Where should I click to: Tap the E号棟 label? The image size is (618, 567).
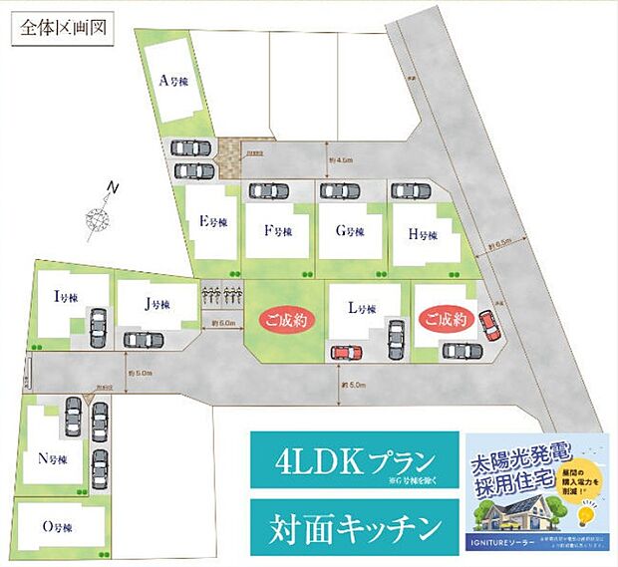point(209,223)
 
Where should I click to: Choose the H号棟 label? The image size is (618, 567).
point(423,235)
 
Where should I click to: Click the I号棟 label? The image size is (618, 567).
point(66,296)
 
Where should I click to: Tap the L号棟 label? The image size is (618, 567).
point(361,309)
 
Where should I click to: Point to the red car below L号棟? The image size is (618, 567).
point(344,352)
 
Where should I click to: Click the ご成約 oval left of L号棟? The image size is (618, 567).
point(287,321)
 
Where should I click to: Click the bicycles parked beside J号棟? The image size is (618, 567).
point(223,296)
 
